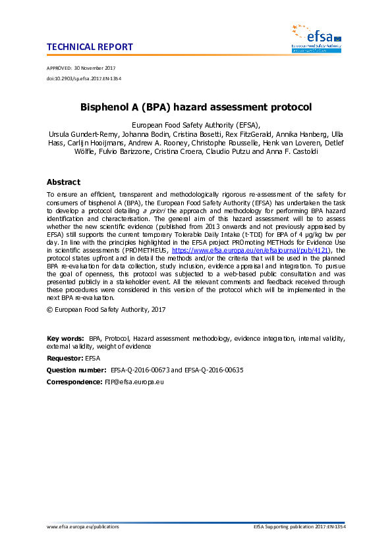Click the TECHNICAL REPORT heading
(90, 47)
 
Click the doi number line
(84, 78)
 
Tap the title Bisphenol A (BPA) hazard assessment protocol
(196, 106)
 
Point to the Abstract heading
(63, 182)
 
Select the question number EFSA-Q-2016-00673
(138, 370)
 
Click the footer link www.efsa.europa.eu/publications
(83, 527)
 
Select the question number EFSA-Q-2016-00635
(210, 370)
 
